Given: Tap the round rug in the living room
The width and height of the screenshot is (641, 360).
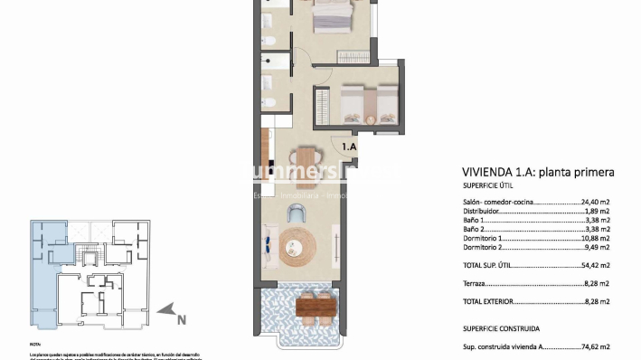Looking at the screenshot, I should pyautogui.click(x=298, y=245).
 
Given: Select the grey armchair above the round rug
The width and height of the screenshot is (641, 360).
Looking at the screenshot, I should pyautogui.click(x=297, y=213).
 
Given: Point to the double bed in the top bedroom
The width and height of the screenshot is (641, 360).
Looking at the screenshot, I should pyautogui.click(x=333, y=15).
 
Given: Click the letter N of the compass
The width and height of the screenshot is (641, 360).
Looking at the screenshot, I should pyautogui.click(x=181, y=318).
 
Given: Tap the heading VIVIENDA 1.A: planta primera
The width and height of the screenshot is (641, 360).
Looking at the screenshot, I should pyautogui.click(x=537, y=173).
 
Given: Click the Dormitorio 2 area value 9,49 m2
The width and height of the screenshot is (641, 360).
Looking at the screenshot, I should pyautogui.click(x=597, y=245).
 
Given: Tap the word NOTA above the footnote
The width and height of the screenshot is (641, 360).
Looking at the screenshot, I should pyautogui.click(x=35, y=345).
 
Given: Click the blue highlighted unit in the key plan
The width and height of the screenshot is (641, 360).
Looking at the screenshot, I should pyautogui.click(x=42, y=271).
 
